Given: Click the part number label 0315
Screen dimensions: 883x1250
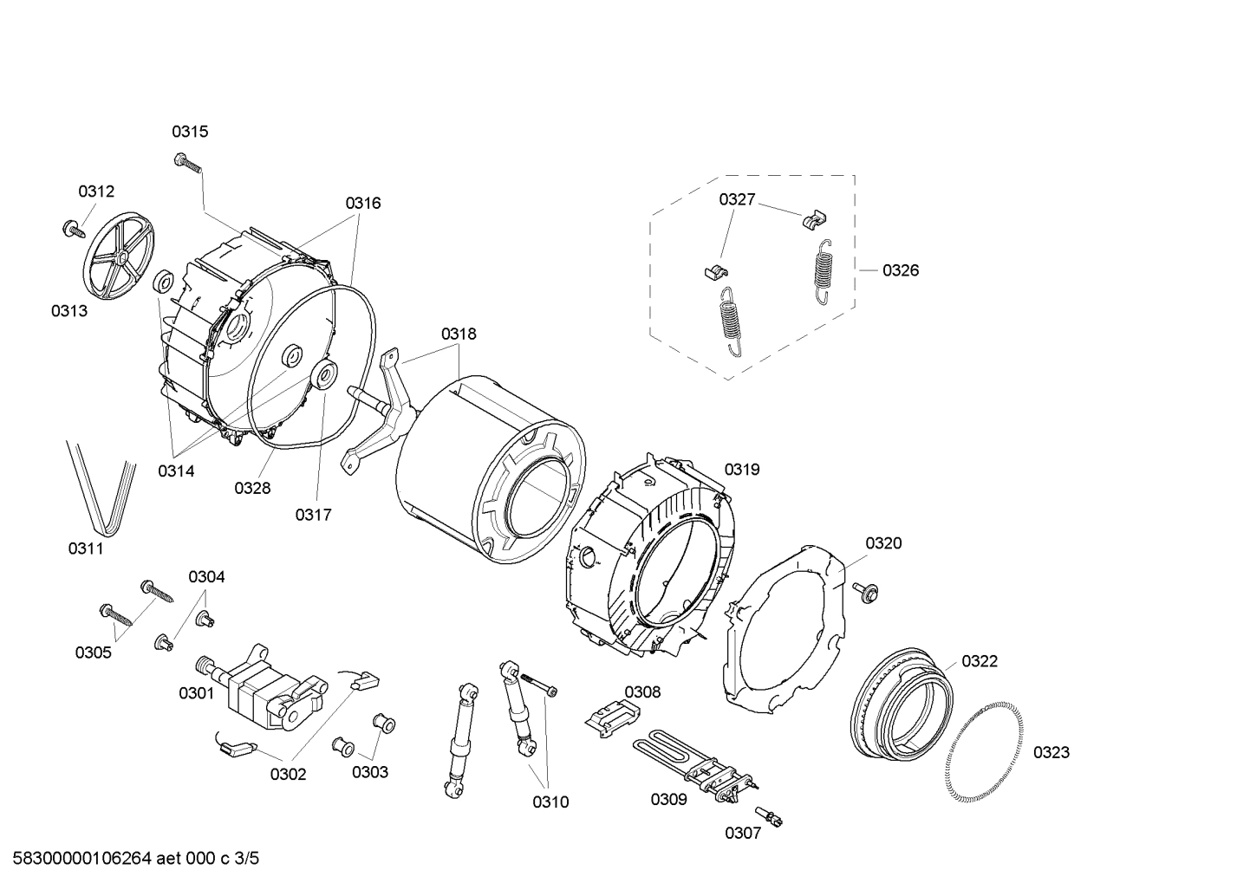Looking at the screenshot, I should pyautogui.click(x=189, y=132).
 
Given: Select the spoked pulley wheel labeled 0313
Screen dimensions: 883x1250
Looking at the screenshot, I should pyautogui.click(x=120, y=258).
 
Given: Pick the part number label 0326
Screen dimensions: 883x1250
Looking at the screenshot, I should pyautogui.click(x=901, y=270).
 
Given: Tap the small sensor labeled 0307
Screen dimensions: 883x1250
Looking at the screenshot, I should pyautogui.click(x=770, y=815).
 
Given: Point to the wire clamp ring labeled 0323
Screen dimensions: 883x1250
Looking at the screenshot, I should pyautogui.click(x=986, y=752).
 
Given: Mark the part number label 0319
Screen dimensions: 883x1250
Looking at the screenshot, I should pyautogui.click(x=742, y=469).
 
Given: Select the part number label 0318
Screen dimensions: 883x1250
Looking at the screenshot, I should pyautogui.click(x=459, y=334).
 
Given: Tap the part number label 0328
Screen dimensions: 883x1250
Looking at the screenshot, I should pyautogui.click(x=252, y=488).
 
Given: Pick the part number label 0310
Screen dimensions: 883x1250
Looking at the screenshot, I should pyautogui.click(x=550, y=802).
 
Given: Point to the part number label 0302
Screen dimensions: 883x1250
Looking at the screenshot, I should pyautogui.click(x=288, y=774).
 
